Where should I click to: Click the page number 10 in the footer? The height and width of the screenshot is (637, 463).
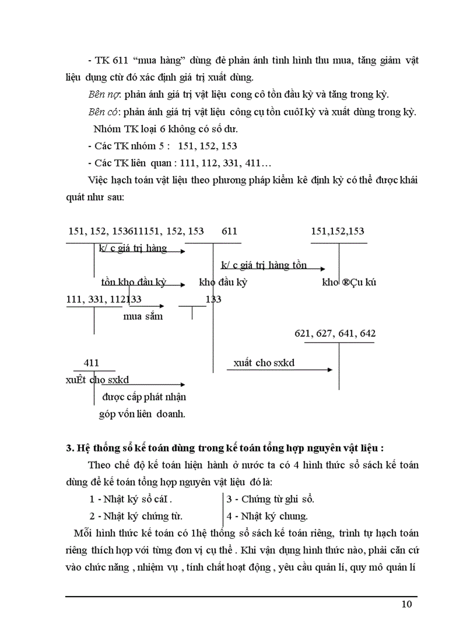pos(407,604)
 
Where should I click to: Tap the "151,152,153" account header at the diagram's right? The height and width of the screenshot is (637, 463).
pos(338,231)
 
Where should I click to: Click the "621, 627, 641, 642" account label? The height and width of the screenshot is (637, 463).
pos(335,334)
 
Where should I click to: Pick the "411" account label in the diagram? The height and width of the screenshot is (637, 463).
pos(91,362)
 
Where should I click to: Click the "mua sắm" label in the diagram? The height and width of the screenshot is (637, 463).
pos(143,317)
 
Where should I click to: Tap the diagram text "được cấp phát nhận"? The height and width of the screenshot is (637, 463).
pos(144,396)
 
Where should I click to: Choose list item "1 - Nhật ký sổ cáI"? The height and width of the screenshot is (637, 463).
pos(131,500)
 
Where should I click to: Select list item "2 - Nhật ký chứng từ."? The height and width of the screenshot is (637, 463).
pos(136,516)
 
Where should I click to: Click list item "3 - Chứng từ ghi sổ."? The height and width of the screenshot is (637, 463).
pos(270,500)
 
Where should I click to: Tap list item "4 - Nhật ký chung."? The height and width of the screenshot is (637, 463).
pos(267,516)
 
